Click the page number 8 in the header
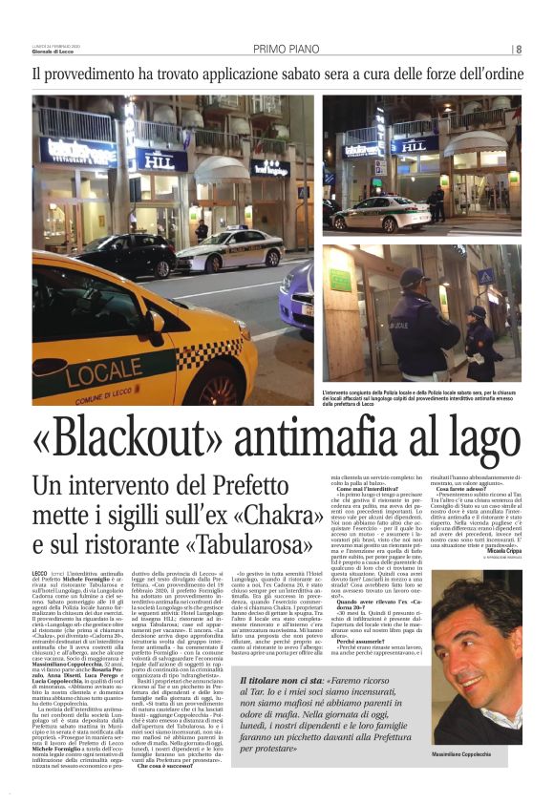(519, 50)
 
